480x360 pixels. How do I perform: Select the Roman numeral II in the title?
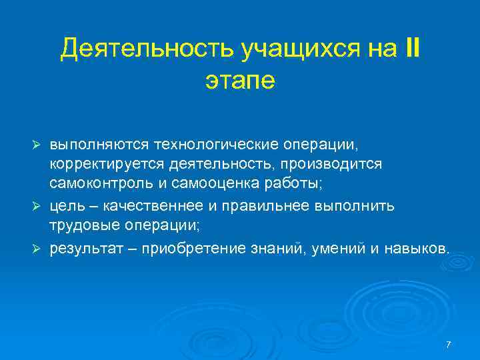click(x=412, y=49)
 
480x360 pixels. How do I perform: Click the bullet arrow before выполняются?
click(x=39, y=145)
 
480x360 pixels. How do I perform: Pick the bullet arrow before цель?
click(x=39, y=206)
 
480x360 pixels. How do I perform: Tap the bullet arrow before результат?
click(x=39, y=248)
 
